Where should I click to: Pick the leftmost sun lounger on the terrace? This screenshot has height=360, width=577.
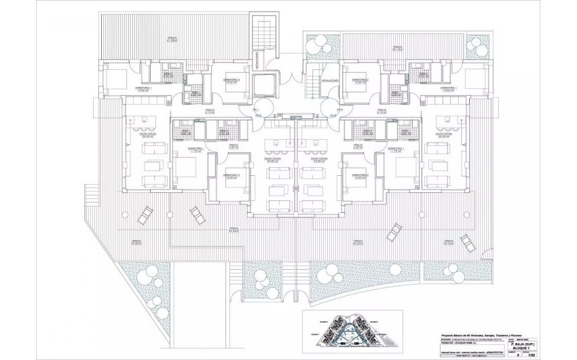click(145, 216)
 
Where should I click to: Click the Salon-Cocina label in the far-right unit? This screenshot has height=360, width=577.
click(444, 134)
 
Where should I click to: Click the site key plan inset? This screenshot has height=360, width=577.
click(358, 331)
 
